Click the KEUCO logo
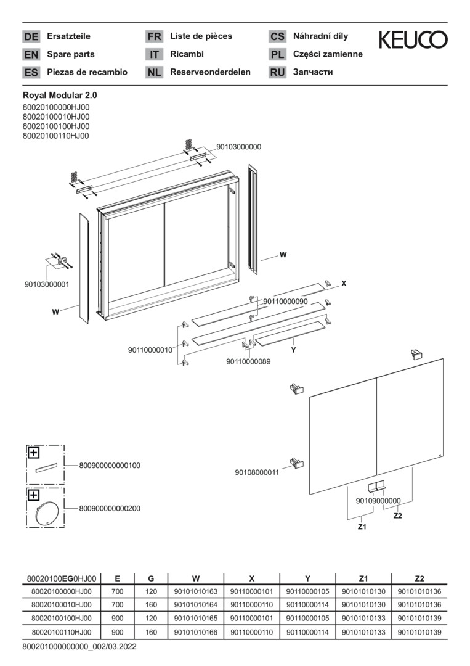413,40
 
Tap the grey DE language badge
31,37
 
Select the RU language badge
277,72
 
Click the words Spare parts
69,54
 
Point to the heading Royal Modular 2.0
60,96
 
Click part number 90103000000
238,147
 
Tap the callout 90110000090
285,302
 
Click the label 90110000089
248,361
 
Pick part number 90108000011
257,472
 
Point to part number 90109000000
378,501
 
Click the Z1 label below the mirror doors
362,527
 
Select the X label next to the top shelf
344,284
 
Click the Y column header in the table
308,578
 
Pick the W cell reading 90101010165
196,618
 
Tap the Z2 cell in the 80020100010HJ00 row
419,604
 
